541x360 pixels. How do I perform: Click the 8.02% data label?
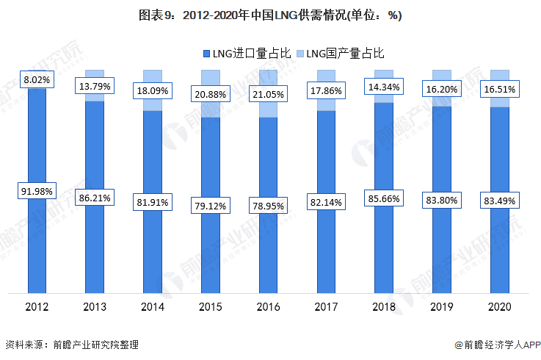click(x=36, y=79)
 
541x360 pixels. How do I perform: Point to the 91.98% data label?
click(x=36, y=191)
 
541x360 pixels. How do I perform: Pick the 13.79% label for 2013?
click(x=94, y=87)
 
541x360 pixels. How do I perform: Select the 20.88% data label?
click(x=210, y=94)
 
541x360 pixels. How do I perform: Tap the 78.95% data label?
click(x=268, y=207)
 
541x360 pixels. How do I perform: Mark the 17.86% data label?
click(x=326, y=91)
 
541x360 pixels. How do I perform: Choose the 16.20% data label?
click(x=442, y=89)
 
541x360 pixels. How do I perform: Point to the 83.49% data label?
click(x=500, y=201)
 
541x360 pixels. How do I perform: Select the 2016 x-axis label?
click(x=268, y=306)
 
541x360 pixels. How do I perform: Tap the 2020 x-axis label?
click(x=500, y=306)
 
